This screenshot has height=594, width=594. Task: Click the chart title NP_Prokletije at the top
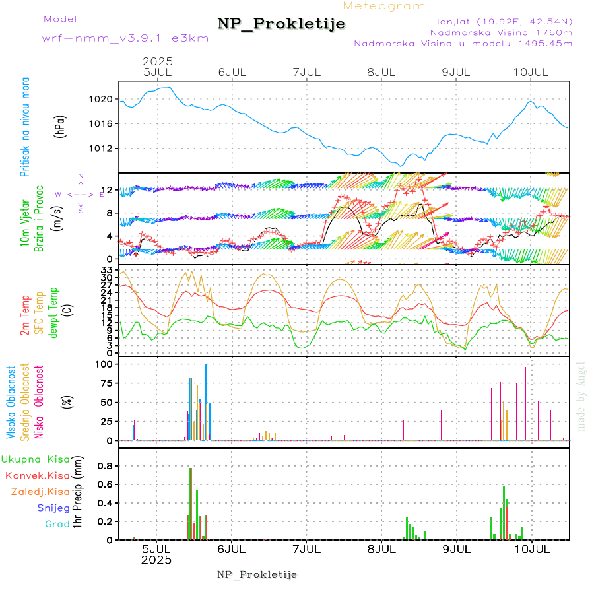pos(281,24)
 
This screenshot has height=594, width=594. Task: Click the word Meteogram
pos(384,6)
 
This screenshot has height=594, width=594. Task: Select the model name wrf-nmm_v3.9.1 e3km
pos(125,38)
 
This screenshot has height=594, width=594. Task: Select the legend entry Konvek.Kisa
pos(37,475)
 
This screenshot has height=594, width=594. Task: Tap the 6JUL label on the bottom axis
pos(231,549)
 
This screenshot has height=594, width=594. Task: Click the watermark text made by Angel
pos(581,396)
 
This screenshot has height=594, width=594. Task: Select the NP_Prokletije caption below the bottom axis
pos(257,574)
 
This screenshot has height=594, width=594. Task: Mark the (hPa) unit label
pos(60,126)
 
